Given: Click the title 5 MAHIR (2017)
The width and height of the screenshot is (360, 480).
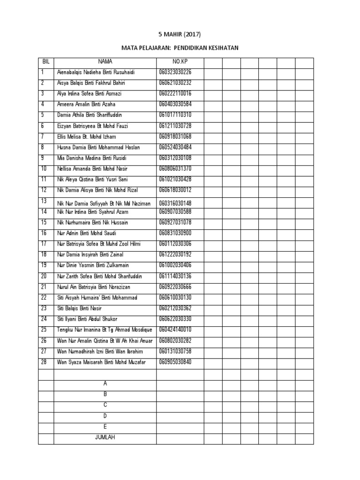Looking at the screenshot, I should click(180, 34).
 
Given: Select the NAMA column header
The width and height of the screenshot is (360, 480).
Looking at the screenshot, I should click(105, 61).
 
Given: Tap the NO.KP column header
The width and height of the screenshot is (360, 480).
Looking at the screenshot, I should click(180, 61).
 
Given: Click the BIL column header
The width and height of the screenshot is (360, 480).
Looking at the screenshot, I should click(46, 61).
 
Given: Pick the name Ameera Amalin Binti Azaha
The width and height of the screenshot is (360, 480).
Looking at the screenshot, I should click(86, 105).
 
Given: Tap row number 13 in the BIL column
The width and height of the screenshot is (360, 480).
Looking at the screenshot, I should click(44, 201).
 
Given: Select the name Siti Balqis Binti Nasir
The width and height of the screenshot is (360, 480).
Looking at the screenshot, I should click(79, 308).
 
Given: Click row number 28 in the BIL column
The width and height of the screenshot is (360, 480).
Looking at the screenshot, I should click(44, 362).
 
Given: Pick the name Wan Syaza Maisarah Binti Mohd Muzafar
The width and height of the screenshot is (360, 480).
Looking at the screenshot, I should click(102, 362).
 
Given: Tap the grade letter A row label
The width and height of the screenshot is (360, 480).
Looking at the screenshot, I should click(105, 384).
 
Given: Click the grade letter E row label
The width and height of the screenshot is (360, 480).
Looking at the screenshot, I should click(105, 427).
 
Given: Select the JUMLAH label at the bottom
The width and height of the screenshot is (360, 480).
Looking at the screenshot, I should click(105, 437).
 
